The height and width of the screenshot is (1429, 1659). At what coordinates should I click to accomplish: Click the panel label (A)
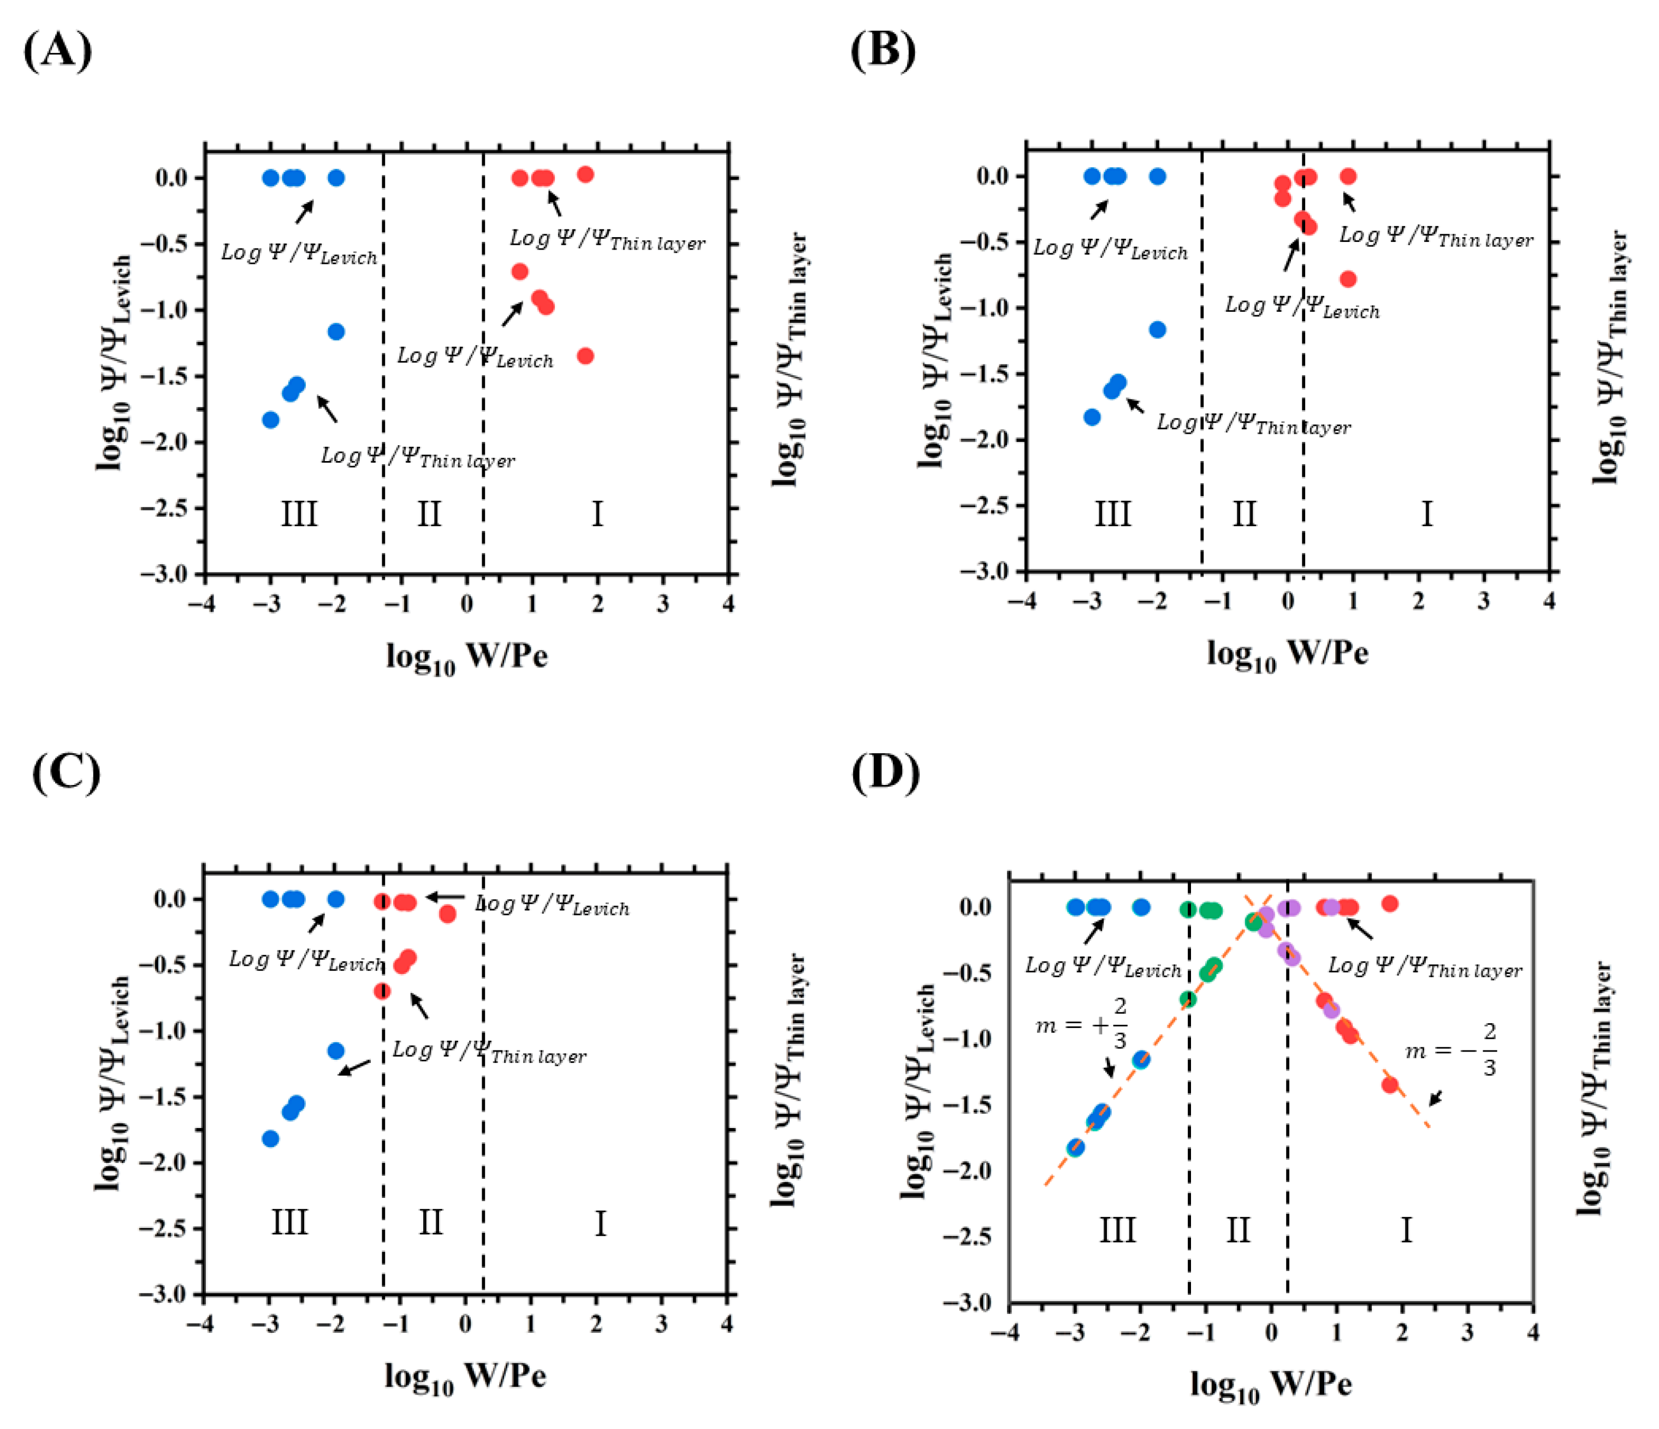[58, 51]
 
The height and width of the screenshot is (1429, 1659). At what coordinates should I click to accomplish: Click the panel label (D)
[885, 773]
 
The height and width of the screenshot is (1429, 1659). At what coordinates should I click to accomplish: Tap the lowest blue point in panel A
[271, 420]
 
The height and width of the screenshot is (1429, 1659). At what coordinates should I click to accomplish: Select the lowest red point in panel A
[585, 356]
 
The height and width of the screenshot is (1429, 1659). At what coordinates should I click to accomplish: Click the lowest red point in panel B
[1348, 279]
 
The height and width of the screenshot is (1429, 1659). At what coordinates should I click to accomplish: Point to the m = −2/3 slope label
[1451, 1049]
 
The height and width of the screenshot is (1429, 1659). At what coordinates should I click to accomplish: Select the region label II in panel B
[1244, 513]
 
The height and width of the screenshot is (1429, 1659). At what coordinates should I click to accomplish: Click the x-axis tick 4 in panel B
[1549, 601]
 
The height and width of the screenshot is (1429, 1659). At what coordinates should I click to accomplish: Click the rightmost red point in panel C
[448, 914]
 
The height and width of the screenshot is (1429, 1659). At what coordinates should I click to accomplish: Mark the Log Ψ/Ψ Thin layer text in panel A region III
[417, 457]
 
